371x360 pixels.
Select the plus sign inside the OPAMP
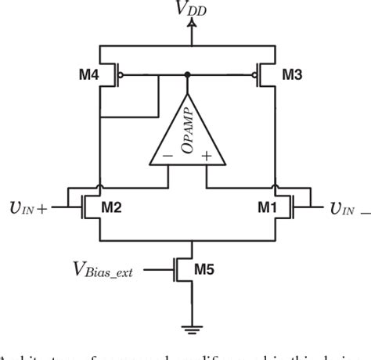[x=207, y=156]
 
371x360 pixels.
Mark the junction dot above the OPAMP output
[x=188, y=76]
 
